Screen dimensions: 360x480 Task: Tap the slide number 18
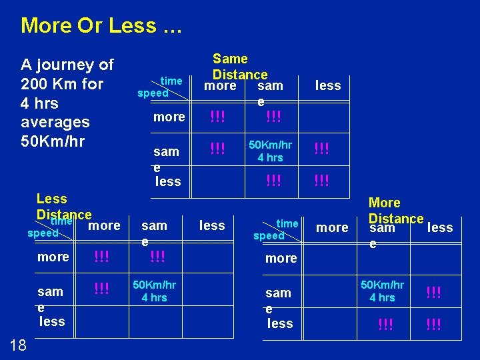[x=19, y=344]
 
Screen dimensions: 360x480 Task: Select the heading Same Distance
[x=239, y=67]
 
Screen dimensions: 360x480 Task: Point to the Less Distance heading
[x=63, y=207]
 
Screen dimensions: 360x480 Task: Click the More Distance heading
[x=395, y=211]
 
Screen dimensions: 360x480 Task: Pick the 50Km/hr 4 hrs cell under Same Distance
[x=270, y=151]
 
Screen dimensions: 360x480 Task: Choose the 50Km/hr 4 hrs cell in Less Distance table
[x=154, y=291]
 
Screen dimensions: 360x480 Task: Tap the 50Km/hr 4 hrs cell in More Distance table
[x=382, y=291]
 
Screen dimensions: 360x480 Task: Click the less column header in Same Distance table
[x=327, y=85]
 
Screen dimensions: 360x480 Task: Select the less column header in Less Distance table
[x=212, y=226]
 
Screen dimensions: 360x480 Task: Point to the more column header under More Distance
[x=332, y=227]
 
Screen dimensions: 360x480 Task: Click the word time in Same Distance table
[x=171, y=81]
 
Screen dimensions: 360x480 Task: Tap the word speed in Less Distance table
[x=43, y=234]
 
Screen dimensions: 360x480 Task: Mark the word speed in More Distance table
[x=269, y=236]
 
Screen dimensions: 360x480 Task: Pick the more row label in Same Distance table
[x=169, y=117]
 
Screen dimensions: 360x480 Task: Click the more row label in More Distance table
[x=281, y=258]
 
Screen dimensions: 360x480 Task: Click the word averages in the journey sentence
[x=55, y=123]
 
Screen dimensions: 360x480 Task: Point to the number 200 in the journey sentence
[x=35, y=84]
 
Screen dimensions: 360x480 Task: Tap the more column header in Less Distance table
[x=104, y=225]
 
